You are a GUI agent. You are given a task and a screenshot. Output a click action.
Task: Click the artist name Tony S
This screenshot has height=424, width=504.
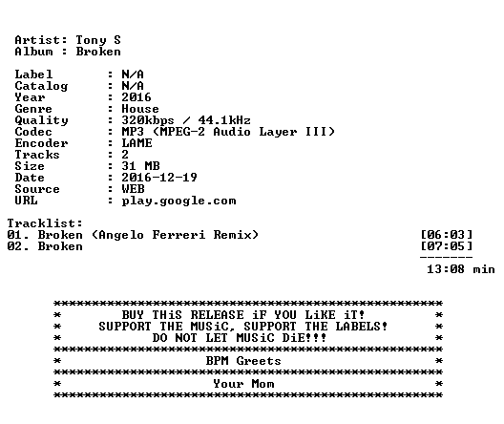coord(98,40)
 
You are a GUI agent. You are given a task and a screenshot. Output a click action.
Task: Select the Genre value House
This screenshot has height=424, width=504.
coord(140,109)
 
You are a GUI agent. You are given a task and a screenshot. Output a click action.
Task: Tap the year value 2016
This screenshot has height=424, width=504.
coord(136,97)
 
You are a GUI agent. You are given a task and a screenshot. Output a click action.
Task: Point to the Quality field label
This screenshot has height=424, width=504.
coord(41,120)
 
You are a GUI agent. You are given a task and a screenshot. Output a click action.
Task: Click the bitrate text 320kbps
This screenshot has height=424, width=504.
coord(148,120)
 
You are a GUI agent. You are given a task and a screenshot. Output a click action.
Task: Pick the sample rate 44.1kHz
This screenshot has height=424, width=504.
coord(224,120)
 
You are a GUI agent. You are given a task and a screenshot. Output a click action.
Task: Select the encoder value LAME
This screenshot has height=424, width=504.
coord(136,143)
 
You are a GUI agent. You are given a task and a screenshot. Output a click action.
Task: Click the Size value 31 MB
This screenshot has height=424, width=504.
coord(140,166)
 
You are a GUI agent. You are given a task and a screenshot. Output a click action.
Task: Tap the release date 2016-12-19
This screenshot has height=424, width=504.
coord(159,178)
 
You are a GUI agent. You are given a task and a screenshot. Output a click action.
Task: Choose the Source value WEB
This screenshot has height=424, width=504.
coord(133,189)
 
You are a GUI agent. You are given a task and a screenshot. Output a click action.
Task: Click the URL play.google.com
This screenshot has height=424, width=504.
coord(178,201)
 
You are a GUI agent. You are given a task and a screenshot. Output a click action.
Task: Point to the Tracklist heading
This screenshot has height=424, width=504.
coord(45,223)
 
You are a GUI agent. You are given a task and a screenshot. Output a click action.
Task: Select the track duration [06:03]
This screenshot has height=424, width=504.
coord(447,235)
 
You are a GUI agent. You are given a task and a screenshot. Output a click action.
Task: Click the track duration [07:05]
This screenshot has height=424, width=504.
coord(447,246)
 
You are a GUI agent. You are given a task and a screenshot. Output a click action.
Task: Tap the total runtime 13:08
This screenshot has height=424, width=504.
coord(446,269)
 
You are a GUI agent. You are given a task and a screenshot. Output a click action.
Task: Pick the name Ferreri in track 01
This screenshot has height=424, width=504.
coord(178,235)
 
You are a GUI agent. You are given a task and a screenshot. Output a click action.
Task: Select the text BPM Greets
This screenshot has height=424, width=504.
coord(243,361)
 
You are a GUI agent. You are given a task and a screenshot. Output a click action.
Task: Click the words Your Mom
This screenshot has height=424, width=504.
coord(243,384)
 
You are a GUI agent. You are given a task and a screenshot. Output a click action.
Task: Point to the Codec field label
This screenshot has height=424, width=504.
coord(33,132)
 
